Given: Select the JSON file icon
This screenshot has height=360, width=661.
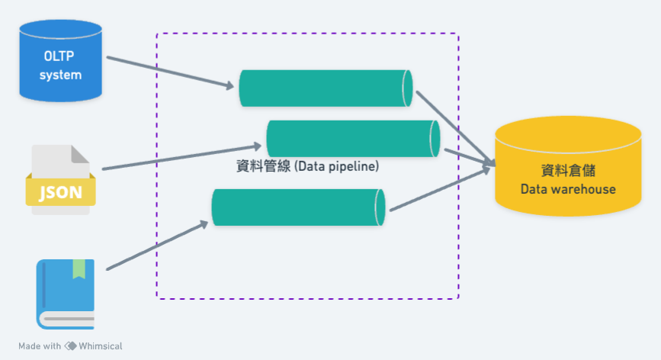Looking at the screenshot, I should point(60,179).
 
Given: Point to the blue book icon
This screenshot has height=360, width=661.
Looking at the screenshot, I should point(66,294).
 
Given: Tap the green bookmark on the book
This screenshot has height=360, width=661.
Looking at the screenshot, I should point(79,268).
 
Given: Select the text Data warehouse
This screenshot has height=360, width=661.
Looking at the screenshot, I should point(567,189).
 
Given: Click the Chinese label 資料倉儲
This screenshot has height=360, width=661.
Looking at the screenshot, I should point(567,172).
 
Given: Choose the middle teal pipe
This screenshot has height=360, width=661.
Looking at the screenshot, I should point(353,139).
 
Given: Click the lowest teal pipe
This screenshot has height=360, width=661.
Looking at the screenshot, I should point(297,207).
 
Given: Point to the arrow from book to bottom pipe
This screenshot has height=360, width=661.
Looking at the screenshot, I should point(157,246).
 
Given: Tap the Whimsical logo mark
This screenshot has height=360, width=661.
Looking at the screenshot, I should point(71,346).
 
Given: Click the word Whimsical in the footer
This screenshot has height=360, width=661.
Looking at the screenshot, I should point(100,346).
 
